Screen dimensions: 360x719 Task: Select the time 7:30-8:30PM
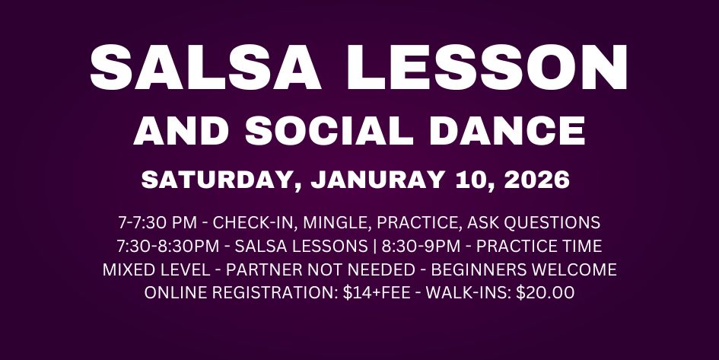[165, 247]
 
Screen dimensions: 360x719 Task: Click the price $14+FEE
[370, 292]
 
